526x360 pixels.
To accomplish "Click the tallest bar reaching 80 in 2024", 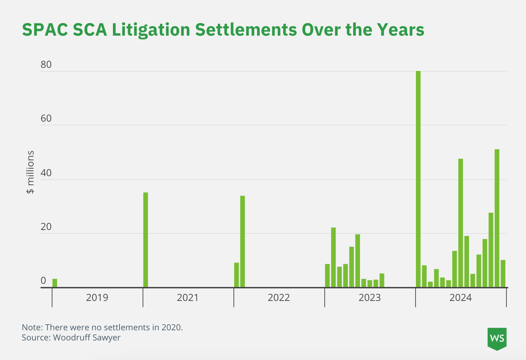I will click(418, 179).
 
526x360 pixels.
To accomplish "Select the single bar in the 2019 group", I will click(55, 283).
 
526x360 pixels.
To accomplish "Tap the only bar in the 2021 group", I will click(146, 240).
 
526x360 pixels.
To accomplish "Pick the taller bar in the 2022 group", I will click(243, 242).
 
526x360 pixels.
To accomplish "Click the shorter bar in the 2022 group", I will click(237, 275).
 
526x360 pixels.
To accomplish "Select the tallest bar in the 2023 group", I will click(333, 257).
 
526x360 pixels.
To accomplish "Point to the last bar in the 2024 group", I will click(503, 274).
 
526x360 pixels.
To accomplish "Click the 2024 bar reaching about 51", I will click(497, 218).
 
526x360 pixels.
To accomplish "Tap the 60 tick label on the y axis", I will click(46, 119).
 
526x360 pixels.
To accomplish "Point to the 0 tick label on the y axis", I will click(43, 281).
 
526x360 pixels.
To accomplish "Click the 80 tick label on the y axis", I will click(46, 65).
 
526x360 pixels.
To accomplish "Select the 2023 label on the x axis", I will click(370, 298).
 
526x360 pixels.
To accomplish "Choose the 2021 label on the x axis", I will click(188, 298).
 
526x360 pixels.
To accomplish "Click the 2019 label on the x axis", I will click(97, 298).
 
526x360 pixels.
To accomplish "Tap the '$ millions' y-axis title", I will click(31, 172).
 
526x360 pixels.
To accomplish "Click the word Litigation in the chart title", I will click(151, 30).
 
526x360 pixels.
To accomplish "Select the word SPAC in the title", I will click(45, 30).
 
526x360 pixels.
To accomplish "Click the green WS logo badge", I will click(497, 338).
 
